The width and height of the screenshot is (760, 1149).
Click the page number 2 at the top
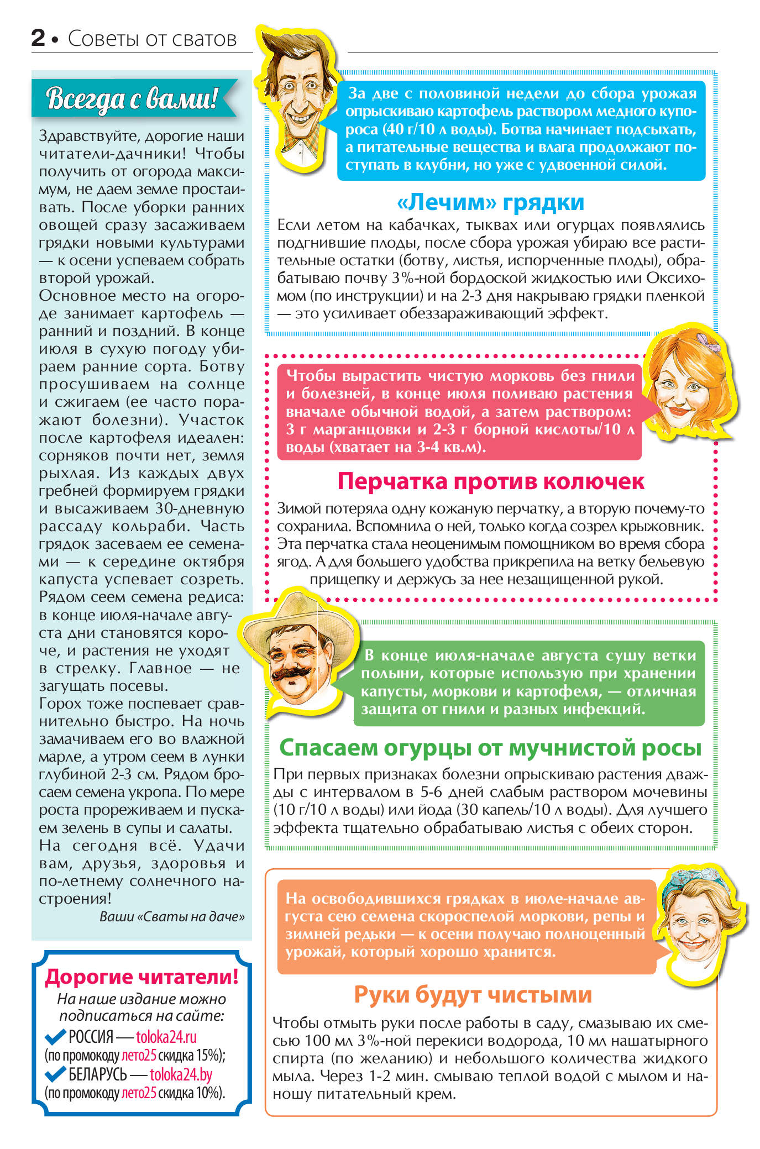tap(38, 38)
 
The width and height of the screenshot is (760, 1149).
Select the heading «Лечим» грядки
tap(490, 202)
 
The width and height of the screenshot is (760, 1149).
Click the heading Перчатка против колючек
tap(490, 481)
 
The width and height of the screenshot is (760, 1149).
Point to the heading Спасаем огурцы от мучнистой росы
tap(490, 748)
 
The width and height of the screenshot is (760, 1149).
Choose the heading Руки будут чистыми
tap(473, 994)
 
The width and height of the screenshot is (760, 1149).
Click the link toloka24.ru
tap(166, 1037)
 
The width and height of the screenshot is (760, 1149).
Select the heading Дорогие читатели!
tap(141, 977)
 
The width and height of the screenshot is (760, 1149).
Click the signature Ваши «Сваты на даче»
tap(172, 916)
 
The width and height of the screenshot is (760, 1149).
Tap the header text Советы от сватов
tap(152, 39)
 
